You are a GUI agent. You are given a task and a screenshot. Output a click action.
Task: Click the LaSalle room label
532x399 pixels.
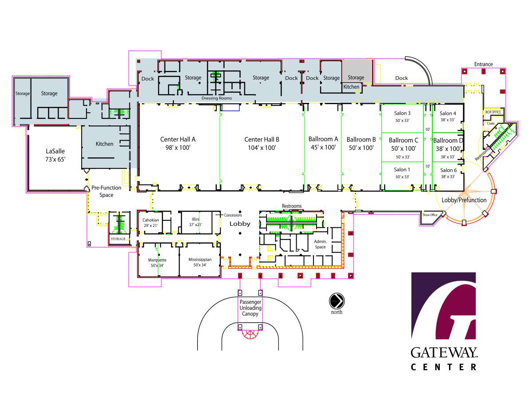[55, 151]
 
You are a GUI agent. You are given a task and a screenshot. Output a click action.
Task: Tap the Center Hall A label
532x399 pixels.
[178, 139]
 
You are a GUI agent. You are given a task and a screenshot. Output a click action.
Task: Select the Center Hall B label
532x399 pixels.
[262, 140]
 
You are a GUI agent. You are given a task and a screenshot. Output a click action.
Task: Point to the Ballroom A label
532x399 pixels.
[323, 139]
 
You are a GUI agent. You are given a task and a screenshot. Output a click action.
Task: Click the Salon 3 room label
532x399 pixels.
[403, 113]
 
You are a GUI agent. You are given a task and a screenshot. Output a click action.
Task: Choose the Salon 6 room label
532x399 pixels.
[448, 170]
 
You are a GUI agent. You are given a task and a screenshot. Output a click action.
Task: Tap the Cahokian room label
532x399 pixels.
[150, 220]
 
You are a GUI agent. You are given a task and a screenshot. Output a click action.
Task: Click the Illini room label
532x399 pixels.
[196, 219]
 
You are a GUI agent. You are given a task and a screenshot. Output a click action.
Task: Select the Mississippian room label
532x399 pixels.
[200, 259]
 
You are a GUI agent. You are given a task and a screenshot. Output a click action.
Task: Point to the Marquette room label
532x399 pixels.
[157, 260]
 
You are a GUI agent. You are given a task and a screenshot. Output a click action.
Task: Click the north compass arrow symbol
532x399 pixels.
[336, 301]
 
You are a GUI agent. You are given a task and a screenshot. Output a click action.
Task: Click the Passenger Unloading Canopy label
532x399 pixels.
[250, 308]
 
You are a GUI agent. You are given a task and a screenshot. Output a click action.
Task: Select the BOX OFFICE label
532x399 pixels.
[493, 112]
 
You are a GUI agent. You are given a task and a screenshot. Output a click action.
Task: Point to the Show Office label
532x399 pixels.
[430, 215]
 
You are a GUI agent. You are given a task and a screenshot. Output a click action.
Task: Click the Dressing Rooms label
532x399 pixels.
[217, 98]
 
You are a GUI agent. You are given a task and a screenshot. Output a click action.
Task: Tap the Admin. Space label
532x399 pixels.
[320, 244]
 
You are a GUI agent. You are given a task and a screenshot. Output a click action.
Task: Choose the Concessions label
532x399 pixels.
[233, 215]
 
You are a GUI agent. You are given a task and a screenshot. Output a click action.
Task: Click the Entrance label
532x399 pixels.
[483, 64]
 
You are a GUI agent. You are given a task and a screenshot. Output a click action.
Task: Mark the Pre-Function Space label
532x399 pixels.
[106, 192]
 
